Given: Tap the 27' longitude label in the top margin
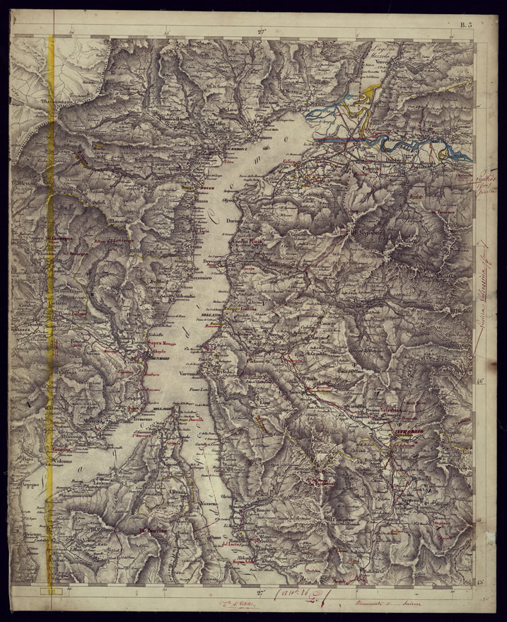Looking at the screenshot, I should click(262, 31).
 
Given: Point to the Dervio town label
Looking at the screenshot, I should click(214, 262).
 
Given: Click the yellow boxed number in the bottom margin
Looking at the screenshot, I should click(52, 591).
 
